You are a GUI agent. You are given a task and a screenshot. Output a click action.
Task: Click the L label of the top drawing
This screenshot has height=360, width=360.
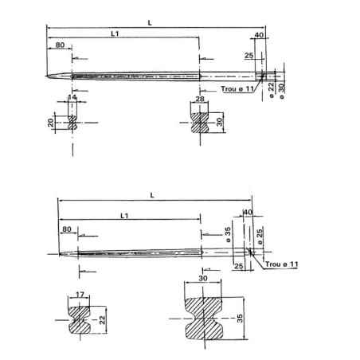151,23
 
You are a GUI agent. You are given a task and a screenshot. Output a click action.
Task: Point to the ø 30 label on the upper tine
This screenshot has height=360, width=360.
281,86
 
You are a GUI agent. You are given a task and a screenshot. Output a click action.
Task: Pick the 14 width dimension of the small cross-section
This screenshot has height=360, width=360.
73,97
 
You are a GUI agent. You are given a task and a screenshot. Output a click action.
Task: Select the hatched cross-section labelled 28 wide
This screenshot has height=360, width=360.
199,124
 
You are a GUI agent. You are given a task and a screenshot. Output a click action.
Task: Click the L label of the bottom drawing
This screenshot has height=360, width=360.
153,195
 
